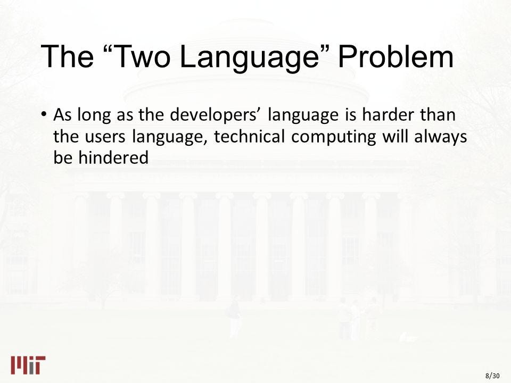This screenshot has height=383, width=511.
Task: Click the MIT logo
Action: (28, 365)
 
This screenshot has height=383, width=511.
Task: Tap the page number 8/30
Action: (492, 376)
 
